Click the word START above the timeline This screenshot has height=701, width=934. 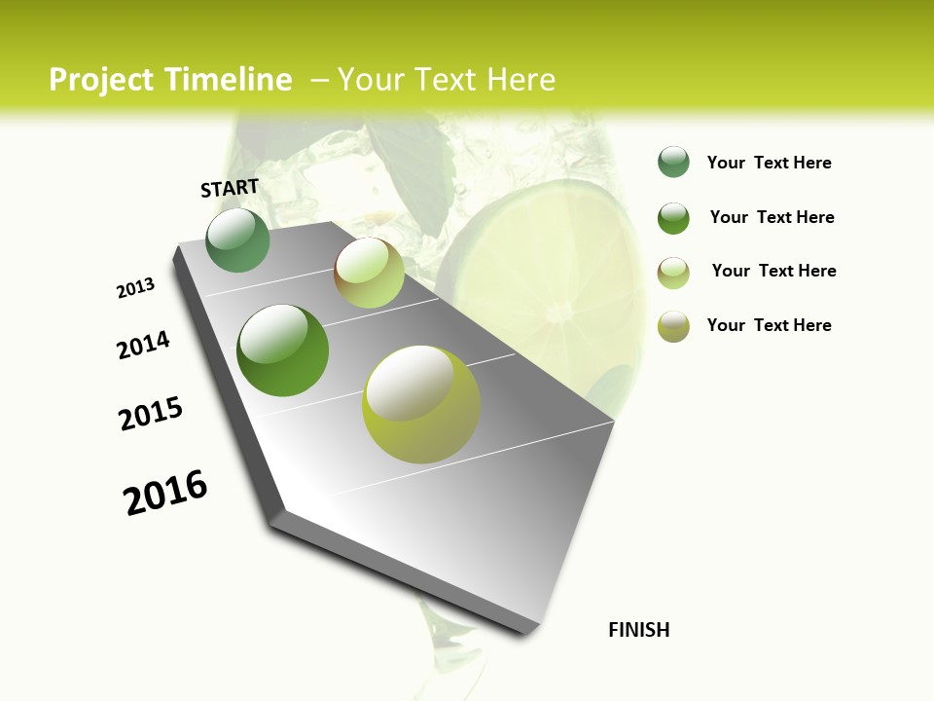click(x=230, y=188)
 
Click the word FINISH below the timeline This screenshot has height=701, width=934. click(x=639, y=630)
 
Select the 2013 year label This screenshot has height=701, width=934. click(x=136, y=288)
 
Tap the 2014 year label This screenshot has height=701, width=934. click(x=143, y=345)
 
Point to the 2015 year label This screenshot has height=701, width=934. click(x=151, y=414)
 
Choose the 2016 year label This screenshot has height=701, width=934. click(x=165, y=493)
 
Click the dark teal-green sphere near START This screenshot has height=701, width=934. click(x=237, y=240)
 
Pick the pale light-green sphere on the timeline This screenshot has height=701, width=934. click(x=369, y=273)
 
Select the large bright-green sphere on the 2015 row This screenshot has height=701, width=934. click(x=282, y=350)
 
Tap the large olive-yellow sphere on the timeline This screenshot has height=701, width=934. click(x=421, y=404)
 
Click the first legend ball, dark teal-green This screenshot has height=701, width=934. click(x=673, y=163)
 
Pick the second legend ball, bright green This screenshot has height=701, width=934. click(x=673, y=218)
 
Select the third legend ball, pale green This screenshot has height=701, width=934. click(x=673, y=272)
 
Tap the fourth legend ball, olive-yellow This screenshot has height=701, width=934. click(x=673, y=326)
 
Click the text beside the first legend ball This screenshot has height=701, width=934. click(x=769, y=164)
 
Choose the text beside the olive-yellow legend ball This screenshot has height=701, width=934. click(x=769, y=325)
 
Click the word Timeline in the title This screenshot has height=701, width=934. click(x=228, y=80)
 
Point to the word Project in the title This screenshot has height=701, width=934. click(x=101, y=80)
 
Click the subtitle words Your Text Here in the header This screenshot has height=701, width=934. click(x=447, y=80)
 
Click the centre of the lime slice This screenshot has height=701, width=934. click(x=559, y=312)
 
